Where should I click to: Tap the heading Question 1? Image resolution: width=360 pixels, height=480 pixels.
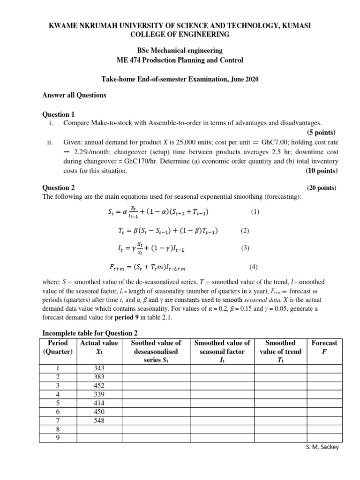[x=59, y=114]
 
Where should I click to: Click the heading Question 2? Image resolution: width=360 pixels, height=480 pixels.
[x=59, y=187]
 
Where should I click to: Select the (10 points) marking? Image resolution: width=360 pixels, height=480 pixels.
[x=321, y=171]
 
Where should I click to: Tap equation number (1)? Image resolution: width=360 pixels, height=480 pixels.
[x=255, y=212]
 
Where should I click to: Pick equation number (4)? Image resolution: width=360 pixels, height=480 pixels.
[x=254, y=267]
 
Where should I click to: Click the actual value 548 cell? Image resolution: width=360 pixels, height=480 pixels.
[x=99, y=420]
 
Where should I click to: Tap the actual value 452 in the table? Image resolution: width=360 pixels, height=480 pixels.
[x=99, y=386]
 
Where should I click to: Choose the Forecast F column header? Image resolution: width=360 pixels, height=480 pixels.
[x=324, y=347]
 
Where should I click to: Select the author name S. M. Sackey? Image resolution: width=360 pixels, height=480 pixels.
[x=321, y=447]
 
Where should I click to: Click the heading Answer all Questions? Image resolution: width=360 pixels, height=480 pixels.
[x=75, y=95]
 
